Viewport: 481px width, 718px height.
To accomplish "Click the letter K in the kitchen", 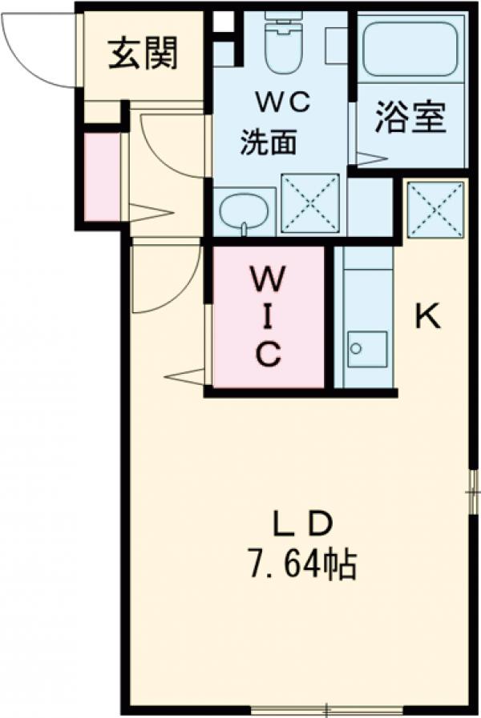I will point(427,318).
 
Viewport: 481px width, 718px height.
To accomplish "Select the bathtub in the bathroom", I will point(410,48).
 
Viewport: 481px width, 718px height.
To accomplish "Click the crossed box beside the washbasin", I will point(309,203).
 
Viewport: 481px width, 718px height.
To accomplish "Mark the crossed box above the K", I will point(435,210).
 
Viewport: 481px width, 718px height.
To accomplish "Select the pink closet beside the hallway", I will point(101,176).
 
